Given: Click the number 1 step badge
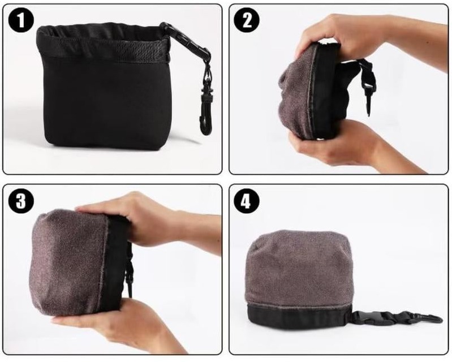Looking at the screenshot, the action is point(21,20).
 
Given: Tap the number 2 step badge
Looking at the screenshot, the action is point(246,20).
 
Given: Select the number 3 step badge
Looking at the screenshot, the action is point(21,201).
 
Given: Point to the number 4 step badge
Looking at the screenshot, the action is point(246,201).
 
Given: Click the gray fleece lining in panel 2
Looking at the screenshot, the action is point(297,92).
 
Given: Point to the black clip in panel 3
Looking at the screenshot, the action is point(130,274).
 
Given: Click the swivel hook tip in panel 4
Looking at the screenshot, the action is point(440,320).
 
